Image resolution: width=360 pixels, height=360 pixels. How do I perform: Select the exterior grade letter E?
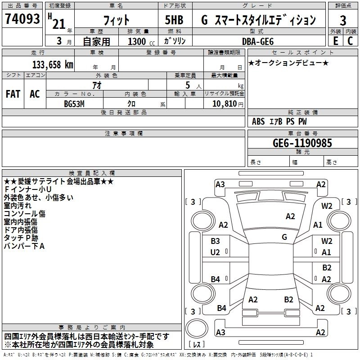coord(335,41)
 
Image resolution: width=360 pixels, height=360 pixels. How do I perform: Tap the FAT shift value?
coord(13,94)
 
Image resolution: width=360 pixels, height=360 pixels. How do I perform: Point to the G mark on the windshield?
coord(284,237)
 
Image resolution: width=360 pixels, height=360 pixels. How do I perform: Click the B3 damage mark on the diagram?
coord(215,241)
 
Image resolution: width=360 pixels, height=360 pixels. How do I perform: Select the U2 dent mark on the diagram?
coord(215,252)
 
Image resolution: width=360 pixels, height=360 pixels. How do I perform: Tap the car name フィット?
coord(116,21)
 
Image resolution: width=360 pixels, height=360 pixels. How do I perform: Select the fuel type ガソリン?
coord(175,41)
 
